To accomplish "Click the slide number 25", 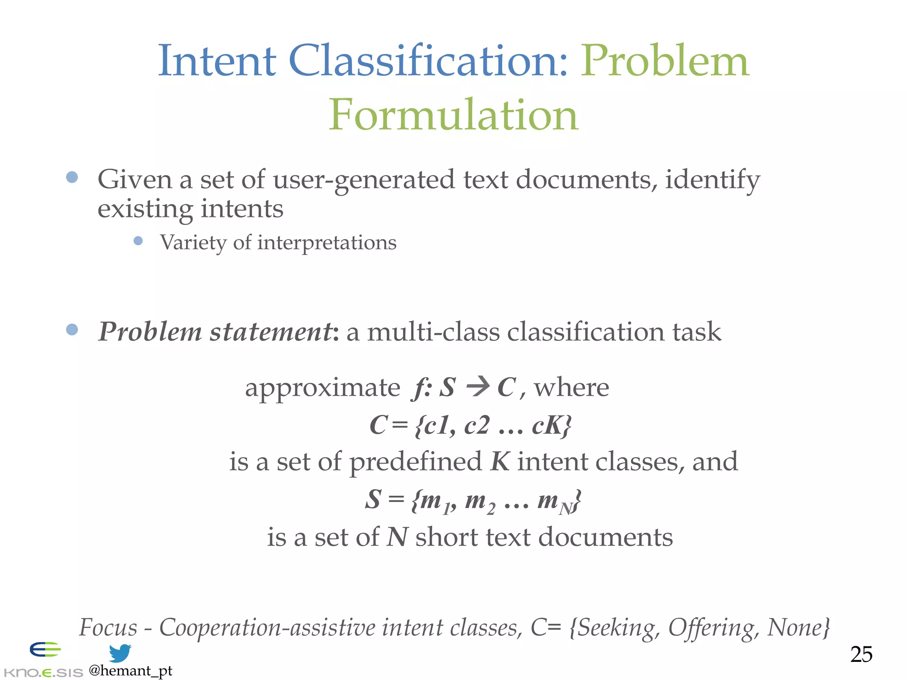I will tap(861, 654).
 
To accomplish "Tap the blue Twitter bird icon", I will tap(120, 653).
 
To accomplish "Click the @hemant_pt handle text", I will tap(130, 671).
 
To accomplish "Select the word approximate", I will tap(322, 388).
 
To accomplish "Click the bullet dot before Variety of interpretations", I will tap(138, 241).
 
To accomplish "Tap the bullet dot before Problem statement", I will tap(72, 329).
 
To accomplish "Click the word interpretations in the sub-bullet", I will tap(326, 243).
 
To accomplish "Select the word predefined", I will tap(415, 462).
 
